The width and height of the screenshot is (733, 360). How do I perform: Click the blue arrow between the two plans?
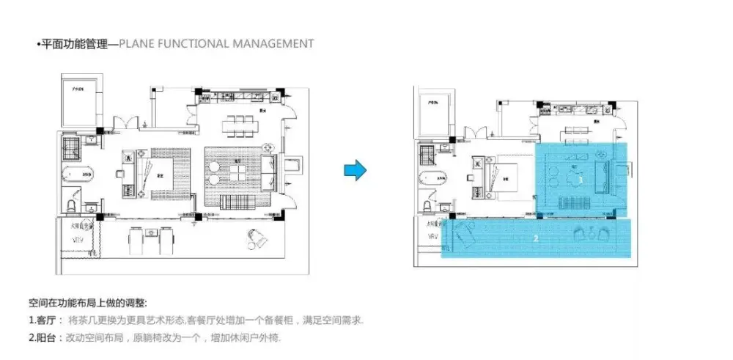click(x=355, y=171)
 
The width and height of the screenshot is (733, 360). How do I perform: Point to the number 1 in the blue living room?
click(x=580, y=179)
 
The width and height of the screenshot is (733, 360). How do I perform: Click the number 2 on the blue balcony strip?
click(x=536, y=238)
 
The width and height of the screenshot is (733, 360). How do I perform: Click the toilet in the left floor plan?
click(x=72, y=203)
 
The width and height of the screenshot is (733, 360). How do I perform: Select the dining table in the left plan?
click(x=237, y=125)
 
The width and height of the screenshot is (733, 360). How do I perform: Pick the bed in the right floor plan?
click(x=509, y=176)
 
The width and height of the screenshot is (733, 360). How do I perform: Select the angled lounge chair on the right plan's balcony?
click(x=463, y=237)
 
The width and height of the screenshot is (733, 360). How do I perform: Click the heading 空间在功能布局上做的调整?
click(x=87, y=303)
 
